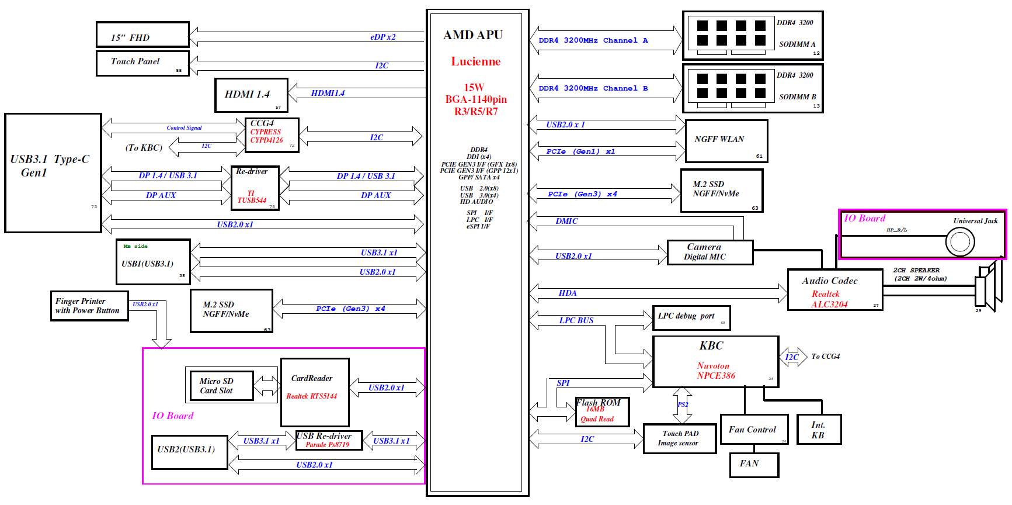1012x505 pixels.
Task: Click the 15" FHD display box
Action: coord(142,35)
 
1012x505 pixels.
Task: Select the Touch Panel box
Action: coord(142,63)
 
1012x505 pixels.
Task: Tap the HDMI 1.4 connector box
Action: coord(251,95)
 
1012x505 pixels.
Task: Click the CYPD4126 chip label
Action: coord(266,140)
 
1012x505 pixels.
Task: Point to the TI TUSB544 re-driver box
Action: coord(255,188)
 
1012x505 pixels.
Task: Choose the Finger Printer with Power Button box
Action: coord(89,306)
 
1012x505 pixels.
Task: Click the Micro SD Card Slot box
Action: coord(222,386)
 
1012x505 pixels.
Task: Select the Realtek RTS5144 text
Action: coord(311,396)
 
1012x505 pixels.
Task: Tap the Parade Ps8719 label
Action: coord(327,445)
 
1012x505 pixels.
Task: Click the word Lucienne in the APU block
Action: coord(475,61)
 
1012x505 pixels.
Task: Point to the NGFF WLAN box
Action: coord(726,141)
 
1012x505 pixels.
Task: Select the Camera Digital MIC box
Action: coord(710,252)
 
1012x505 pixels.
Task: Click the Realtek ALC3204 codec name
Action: coord(829,299)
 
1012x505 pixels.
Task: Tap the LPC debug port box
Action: coord(691,318)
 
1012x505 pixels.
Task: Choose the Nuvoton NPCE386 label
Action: coord(715,371)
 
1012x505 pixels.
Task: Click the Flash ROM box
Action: coord(601,412)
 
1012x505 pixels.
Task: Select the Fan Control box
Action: coord(754,430)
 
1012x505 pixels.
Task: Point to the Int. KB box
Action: coord(819,430)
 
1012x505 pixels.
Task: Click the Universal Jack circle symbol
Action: coord(960,241)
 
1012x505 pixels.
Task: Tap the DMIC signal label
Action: coord(566,222)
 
